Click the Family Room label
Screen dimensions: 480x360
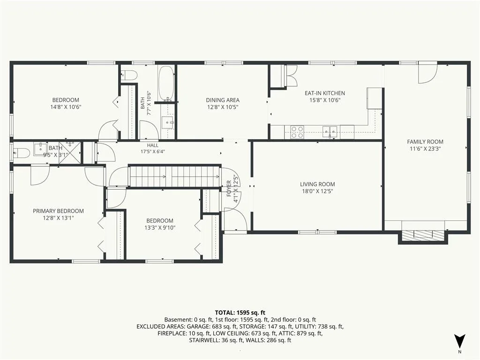425,142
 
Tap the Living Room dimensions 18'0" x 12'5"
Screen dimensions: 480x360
317,191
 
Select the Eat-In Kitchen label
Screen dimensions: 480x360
324,93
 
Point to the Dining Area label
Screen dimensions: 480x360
223,100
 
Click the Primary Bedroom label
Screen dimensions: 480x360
58,211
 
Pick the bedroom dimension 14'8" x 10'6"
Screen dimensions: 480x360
66,107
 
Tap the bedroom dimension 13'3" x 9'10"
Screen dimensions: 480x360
160,228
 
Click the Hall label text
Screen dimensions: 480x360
153,145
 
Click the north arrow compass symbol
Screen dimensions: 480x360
459,341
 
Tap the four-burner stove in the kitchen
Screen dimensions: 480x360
297,132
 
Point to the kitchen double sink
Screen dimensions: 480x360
330,132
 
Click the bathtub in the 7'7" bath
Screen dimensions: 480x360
166,83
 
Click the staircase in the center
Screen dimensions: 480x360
174,176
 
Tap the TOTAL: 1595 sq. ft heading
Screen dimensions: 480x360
240,313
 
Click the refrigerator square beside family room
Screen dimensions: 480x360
375,98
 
